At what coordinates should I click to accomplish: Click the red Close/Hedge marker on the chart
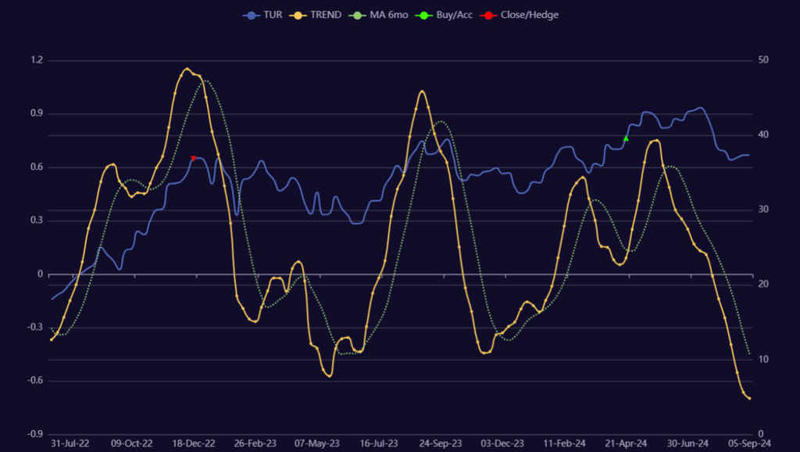point(194,158)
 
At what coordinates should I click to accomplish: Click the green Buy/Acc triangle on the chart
point(626,138)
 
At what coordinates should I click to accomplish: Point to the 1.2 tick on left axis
point(36,60)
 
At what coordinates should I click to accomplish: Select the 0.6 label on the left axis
point(36,167)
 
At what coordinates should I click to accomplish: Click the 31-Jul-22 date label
point(70,443)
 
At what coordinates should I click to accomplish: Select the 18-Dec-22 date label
point(194,443)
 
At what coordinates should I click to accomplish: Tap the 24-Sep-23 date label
point(441,443)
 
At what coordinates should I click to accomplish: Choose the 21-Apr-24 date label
point(626,443)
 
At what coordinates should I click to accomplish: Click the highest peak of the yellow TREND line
point(187,69)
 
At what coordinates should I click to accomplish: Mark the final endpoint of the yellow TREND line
point(749,399)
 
